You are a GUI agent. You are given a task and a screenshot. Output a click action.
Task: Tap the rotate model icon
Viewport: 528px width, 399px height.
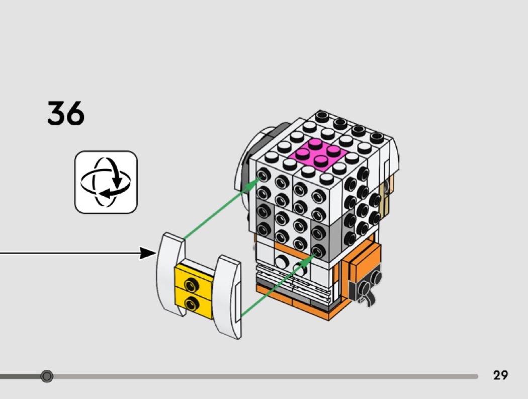point(106,182)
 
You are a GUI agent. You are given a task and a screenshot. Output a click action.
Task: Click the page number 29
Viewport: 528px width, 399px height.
point(500,375)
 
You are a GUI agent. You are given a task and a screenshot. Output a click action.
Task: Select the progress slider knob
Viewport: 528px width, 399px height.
point(47,376)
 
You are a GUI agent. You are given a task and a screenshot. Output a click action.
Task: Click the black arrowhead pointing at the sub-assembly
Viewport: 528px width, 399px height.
point(149,253)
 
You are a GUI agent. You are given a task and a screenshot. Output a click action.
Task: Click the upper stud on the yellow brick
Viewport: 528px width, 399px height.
point(191,285)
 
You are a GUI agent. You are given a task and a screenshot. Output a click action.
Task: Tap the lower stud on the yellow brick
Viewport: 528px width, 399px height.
point(191,302)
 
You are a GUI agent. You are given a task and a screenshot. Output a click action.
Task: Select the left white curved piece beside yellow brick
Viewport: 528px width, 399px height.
point(170,274)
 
